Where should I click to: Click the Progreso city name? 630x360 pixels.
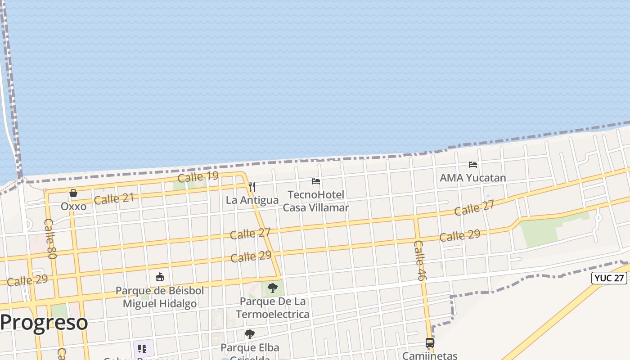pos(44,323)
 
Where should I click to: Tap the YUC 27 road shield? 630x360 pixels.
pos(609,278)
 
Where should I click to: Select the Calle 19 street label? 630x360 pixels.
pos(198,176)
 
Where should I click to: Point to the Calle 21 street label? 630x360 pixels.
pos(114,198)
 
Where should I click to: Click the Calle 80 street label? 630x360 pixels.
pos(50,238)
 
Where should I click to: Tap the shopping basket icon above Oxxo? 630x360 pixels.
pos(73,193)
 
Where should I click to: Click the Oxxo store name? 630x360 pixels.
pos(73,207)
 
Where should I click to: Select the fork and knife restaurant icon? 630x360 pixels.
pos(252,186)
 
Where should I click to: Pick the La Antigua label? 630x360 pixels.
pos(252,200)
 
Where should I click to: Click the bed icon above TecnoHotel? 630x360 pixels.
pos(316,181)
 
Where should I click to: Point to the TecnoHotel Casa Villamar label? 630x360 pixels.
pos(316,201)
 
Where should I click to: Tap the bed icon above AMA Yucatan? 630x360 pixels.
pos(473,165)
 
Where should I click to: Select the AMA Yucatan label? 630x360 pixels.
pos(473,178)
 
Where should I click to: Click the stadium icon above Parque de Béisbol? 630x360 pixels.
pos(160,277)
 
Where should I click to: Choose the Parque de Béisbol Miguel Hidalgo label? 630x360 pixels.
pos(160,297)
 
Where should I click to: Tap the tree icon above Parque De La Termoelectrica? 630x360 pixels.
pos(272,288)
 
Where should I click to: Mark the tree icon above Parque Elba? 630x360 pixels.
pos(249,334)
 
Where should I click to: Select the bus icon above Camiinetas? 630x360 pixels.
pos(430,343)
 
